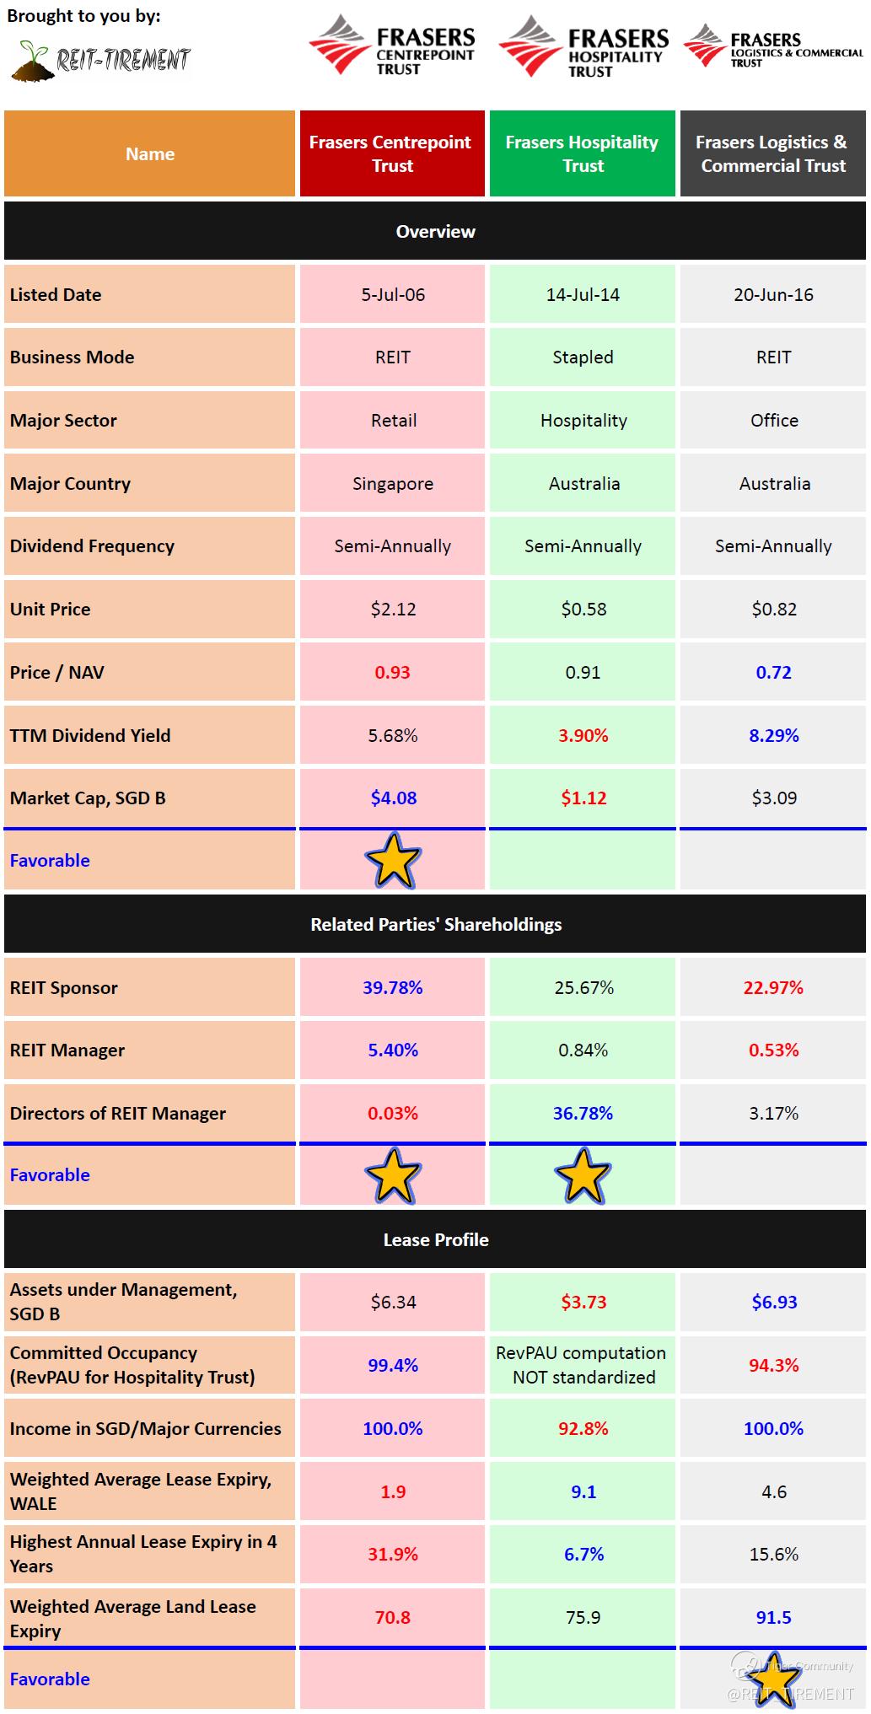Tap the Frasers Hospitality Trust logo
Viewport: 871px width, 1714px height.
[x=583, y=47]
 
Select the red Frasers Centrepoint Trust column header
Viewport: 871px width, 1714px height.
[x=392, y=153]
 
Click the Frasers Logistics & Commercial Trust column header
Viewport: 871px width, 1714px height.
[x=772, y=153]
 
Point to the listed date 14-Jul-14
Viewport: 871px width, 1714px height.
[x=583, y=295]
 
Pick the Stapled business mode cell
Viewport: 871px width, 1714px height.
[x=583, y=357]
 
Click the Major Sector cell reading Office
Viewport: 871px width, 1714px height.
[x=773, y=421]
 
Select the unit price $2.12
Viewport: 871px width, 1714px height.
[x=393, y=610]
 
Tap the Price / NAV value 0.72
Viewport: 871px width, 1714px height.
[x=773, y=673]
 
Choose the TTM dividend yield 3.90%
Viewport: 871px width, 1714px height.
[x=583, y=735]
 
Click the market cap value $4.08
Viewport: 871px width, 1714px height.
[x=393, y=798]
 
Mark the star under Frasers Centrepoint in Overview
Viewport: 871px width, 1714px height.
[x=393, y=861]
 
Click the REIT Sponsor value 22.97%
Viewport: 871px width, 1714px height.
[x=773, y=988]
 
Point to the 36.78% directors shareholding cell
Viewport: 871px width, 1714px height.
[x=583, y=1114]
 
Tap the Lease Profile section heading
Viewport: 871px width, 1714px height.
[x=435, y=1240]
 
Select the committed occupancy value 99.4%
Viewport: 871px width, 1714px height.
[x=393, y=1366]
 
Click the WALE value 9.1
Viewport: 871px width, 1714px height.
[x=583, y=1492]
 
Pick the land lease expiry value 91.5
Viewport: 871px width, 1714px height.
[x=773, y=1618]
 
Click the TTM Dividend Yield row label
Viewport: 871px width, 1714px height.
[x=90, y=736]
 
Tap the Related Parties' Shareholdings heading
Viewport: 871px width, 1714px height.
[x=435, y=925]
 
